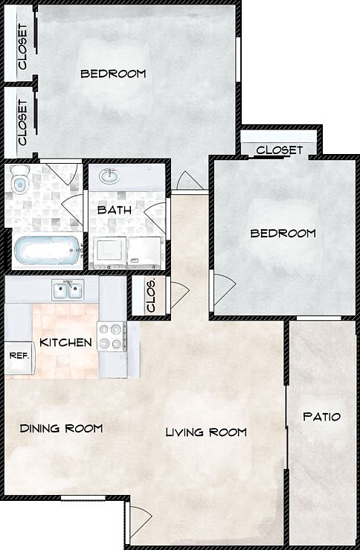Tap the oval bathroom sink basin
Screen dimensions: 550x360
point(111,176)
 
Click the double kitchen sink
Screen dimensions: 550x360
point(68,290)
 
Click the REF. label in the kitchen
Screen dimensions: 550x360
point(19,356)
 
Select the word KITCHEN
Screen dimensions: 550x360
point(65,342)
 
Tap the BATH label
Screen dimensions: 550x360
point(115,210)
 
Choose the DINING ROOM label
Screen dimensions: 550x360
point(61,428)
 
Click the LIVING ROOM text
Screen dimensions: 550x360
point(205,432)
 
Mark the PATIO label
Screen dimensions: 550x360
point(322,417)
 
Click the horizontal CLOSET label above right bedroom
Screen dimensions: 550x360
point(279,150)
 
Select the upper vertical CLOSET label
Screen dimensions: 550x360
point(22,47)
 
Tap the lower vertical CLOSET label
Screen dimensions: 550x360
point(22,122)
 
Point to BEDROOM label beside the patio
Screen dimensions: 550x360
point(283,233)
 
